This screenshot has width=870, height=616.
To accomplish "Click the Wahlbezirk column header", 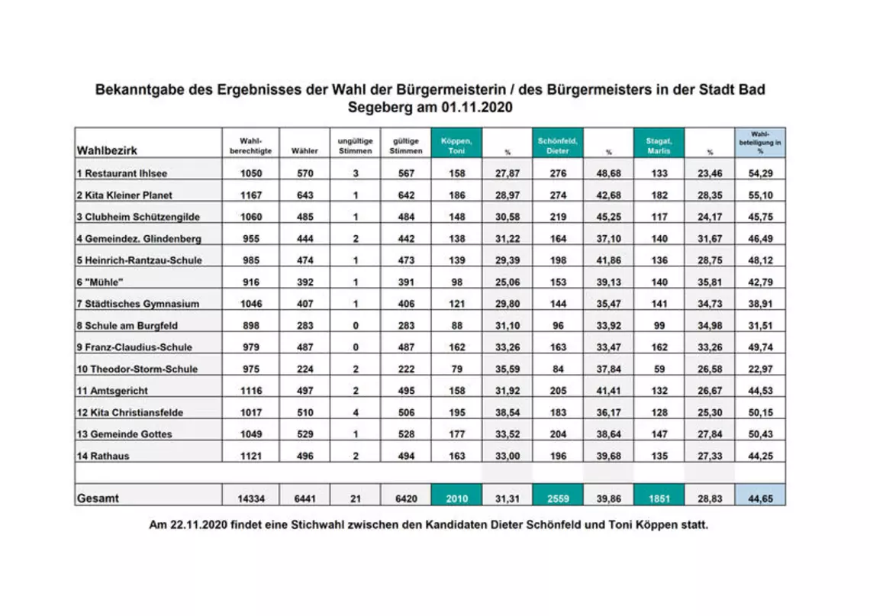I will pyautogui.click(x=107, y=150).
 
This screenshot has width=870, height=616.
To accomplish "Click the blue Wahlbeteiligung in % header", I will pyautogui.click(x=760, y=143).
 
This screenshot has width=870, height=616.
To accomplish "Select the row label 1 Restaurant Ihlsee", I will pyautogui.click(x=121, y=173).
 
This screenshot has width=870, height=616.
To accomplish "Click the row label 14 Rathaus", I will pyautogui.click(x=102, y=456).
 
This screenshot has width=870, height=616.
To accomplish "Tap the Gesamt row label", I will pyautogui.click(x=97, y=498).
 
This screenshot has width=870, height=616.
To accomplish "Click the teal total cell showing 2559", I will pyautogui.click(x=557, y=498).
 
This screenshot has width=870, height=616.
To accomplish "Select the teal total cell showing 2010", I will pyautogui.click(x=456, y=498).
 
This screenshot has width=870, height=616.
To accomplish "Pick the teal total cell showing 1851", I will pyautogui.click(x=659, y=498).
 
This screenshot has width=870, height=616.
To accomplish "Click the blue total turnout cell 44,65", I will pyautogui.click(x=760, y=498).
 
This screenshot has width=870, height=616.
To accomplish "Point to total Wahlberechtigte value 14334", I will pyautogui.click(x=251, y=498).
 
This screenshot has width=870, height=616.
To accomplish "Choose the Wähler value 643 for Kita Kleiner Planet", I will pyautogui.click(x=304, y=195).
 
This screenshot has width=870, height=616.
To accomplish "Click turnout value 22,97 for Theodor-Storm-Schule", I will pyautogui.click(x=760, y=369).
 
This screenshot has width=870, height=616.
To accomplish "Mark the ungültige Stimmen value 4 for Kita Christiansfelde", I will pyautogui.click(x=355, y=412).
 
